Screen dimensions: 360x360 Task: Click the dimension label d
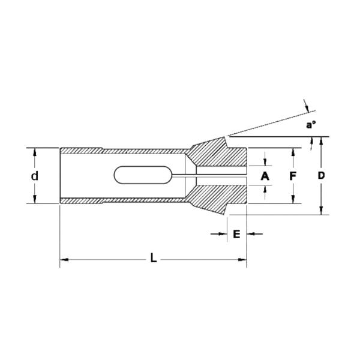[35, 176]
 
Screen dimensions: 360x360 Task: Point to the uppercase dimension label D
[321, 176]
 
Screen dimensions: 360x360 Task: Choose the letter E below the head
[236, 233]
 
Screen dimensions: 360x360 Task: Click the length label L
[154, 259]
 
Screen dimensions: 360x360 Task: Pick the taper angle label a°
[311, 125]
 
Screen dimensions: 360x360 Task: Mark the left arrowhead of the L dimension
[64, 259]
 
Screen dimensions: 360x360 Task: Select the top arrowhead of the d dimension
[35, 152]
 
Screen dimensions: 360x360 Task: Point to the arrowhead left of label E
[222, 233]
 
